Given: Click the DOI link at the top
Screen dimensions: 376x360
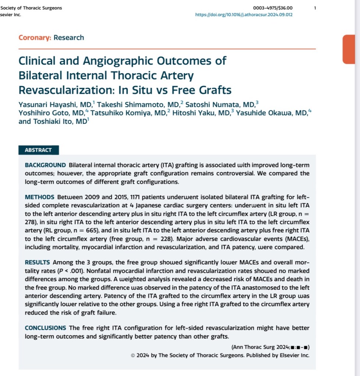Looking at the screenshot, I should (244, 15).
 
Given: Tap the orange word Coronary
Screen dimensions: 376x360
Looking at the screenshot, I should (35, 37).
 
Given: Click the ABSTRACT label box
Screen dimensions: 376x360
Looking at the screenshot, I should (38, 150).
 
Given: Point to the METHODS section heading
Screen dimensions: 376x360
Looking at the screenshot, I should (39, 197).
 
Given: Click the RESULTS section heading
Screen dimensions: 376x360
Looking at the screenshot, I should (37, 262).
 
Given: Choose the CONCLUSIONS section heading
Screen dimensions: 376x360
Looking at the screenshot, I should (45, 327).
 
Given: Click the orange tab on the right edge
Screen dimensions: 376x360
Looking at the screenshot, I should (351, 49).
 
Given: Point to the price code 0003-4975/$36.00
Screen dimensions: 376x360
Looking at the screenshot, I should (274, 8).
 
